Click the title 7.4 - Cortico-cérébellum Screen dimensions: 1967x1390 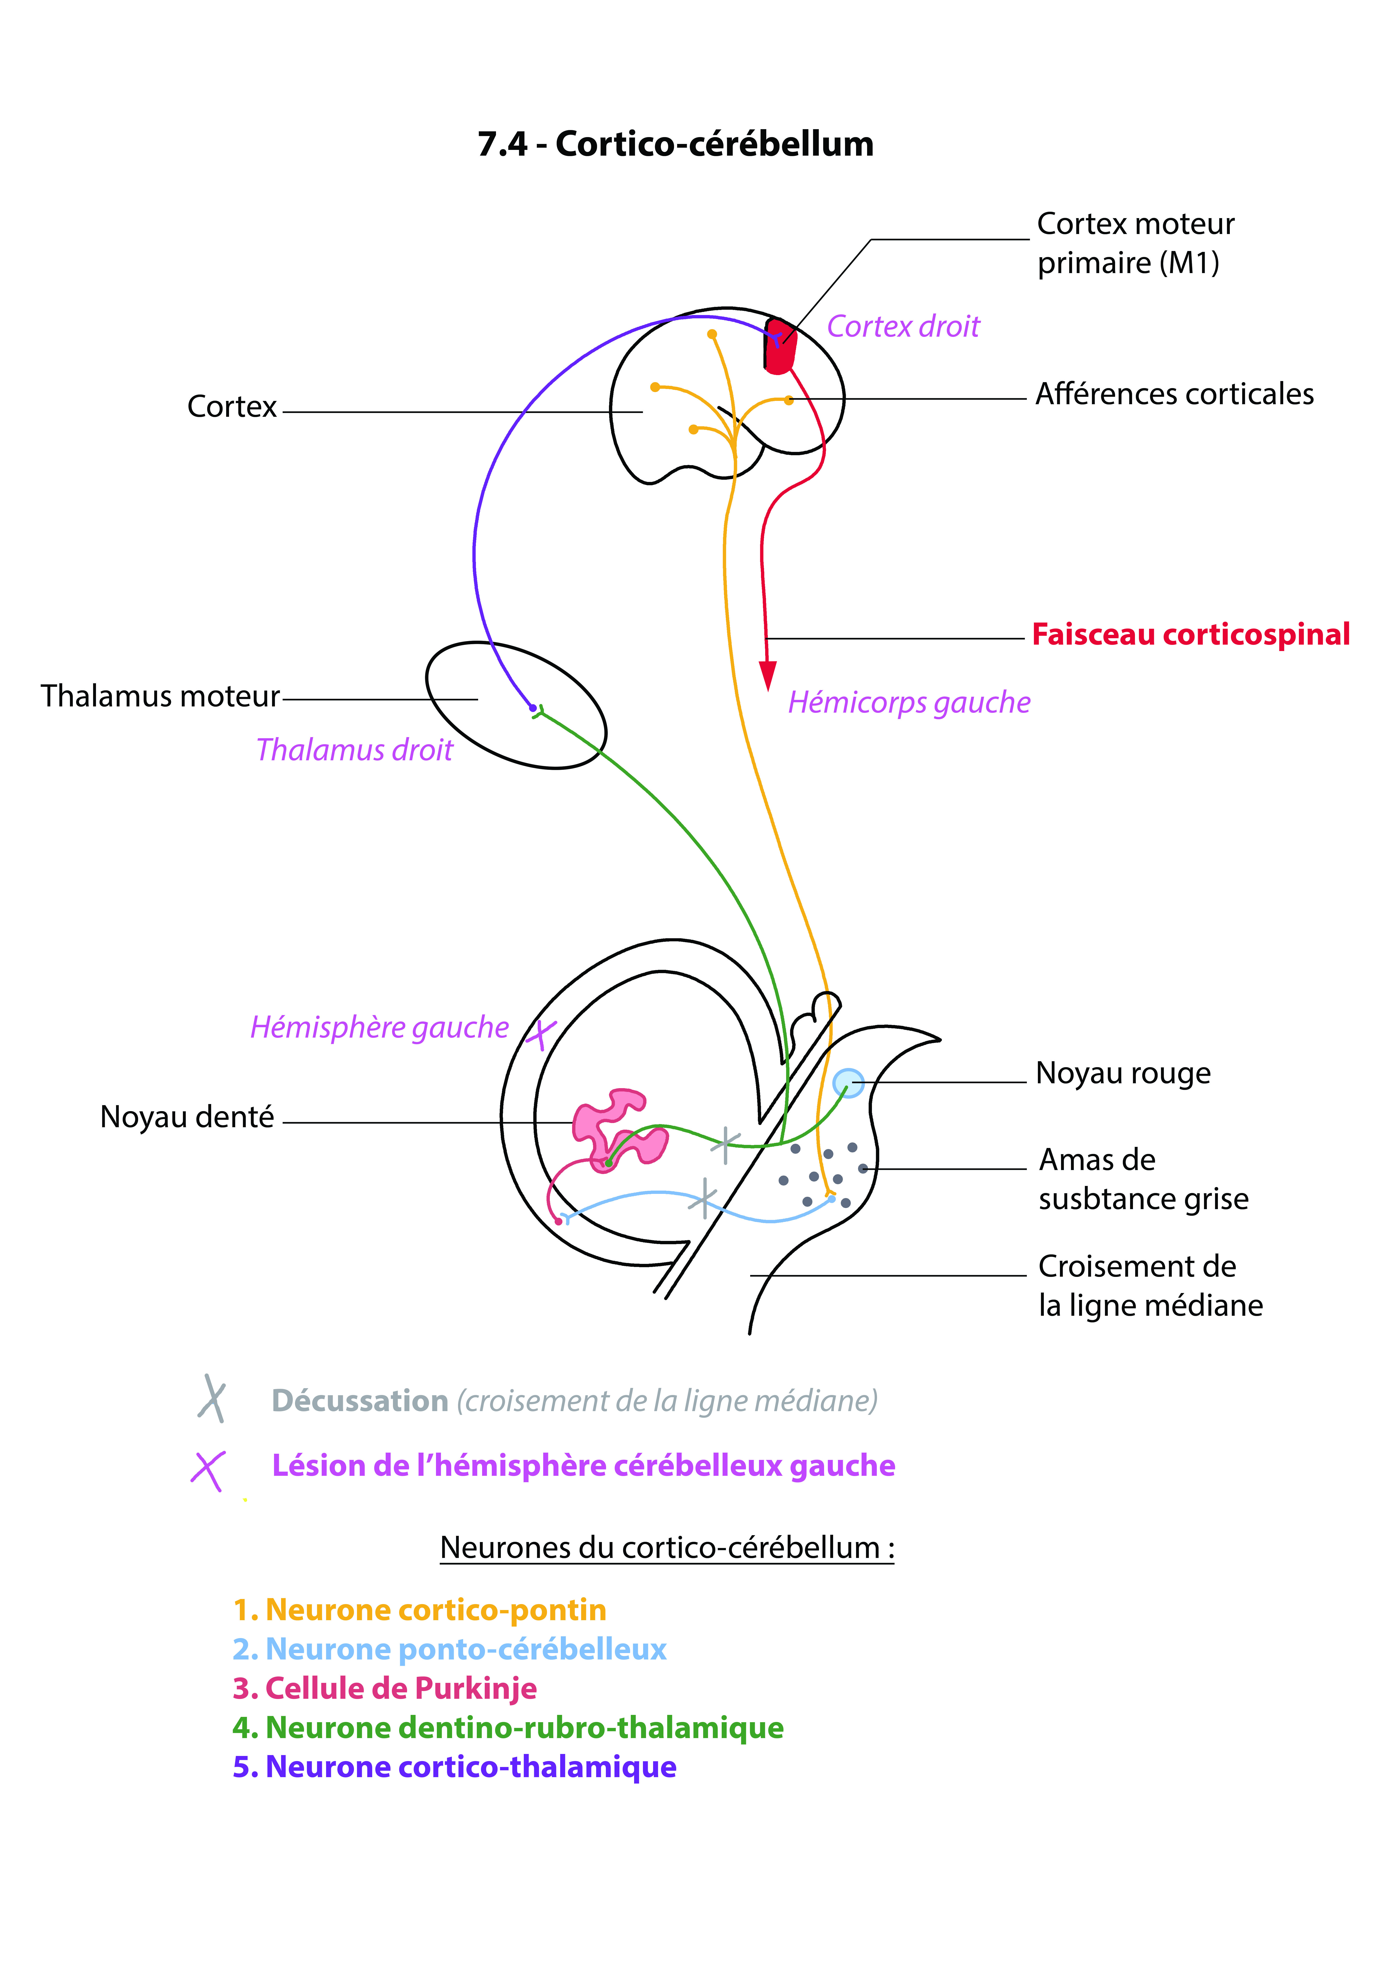click(676, 144)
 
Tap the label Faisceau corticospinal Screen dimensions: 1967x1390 click(1191, 635)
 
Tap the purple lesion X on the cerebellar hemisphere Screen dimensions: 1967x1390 click(541, 1035)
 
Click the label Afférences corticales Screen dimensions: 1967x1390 click(1174, 394)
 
